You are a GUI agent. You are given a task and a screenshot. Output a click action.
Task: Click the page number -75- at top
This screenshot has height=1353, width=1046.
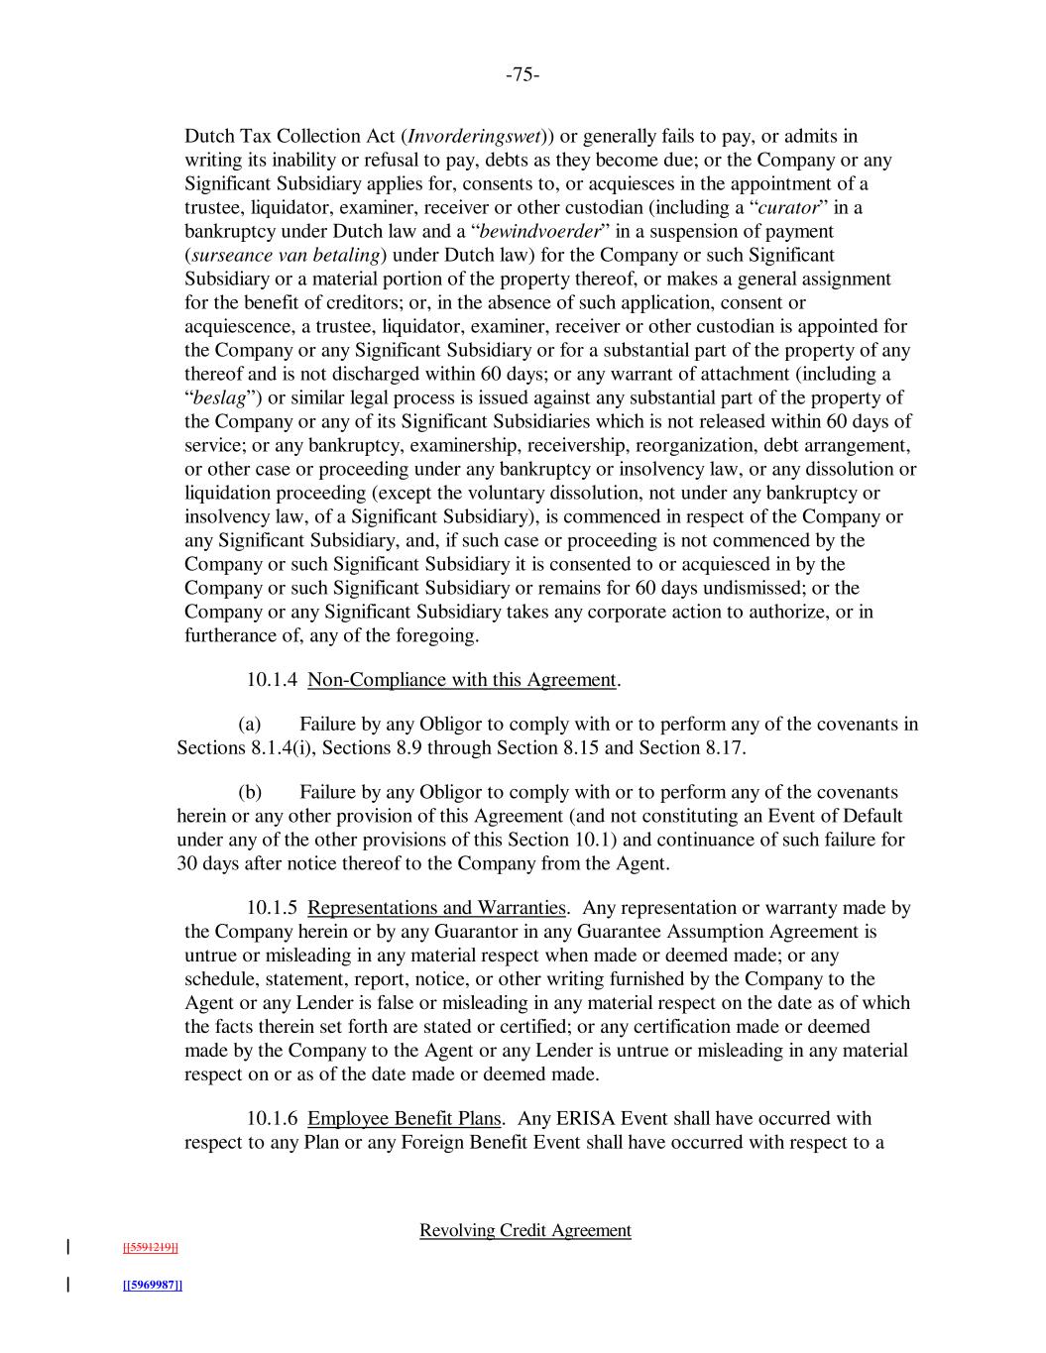[x=523, y=75]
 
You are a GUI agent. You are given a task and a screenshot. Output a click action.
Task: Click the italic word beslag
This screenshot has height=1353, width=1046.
[x=218, y=397]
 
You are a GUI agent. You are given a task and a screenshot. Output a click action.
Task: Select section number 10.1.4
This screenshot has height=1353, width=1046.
[x=272, y=679]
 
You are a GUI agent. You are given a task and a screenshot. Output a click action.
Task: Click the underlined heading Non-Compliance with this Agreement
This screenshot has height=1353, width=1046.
[x=462, y=679]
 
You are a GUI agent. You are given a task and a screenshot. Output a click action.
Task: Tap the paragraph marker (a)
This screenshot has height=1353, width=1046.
[x=250, y=724]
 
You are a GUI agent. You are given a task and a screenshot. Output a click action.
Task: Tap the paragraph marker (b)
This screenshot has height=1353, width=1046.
[x=250, y=792]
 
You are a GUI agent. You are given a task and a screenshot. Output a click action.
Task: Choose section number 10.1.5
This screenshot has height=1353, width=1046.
[x=272, y=908]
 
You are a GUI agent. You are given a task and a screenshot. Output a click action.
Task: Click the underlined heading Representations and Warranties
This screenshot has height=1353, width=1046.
[x=436, y=908]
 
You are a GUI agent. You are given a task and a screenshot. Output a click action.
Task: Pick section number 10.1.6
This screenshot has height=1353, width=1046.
[x=272, y=1118]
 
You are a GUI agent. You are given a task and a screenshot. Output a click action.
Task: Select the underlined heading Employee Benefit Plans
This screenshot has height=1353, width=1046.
[x=404, y=1118]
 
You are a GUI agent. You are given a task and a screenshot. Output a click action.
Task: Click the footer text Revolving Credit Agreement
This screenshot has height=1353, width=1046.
[x=524, y=1230]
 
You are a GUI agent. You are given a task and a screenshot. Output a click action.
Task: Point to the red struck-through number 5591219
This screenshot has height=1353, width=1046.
[x=150, y=1247]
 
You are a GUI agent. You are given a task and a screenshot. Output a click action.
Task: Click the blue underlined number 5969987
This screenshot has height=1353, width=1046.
[x=152, y=1286]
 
